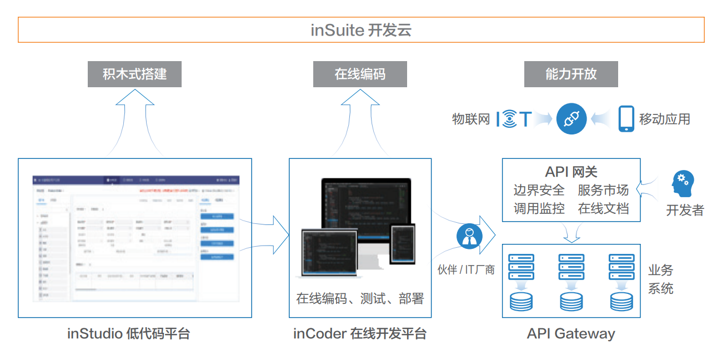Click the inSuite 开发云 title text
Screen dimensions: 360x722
tap(361, 30)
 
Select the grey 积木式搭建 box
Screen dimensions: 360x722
tap(134, 74)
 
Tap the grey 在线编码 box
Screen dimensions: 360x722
tap(360, 74)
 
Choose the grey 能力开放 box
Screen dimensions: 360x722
tap(571, 74)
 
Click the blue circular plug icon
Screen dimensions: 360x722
tap(571, 119)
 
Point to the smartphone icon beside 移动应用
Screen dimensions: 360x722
tap(626, 119)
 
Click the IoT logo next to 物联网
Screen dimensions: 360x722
tap(514, 119)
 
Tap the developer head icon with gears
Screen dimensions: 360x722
tap(683, 184)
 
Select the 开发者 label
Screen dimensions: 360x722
tap(685, 210)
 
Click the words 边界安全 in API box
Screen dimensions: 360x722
tap(539, 190)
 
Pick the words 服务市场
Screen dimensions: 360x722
tap(603, 190)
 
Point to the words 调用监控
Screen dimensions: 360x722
tap(539, 208)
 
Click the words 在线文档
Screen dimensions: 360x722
tap(603, 208)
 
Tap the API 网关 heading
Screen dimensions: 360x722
tap(571, 172)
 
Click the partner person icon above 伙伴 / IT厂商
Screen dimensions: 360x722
tap(469, 236)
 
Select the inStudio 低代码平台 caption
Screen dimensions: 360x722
tap(129, 334)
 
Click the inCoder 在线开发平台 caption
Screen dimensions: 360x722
tap(360, 334)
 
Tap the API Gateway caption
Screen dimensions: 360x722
tap(571, 334)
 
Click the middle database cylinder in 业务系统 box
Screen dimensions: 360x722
tap(571, 301)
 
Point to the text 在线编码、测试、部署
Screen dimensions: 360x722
tap(360, 298)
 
